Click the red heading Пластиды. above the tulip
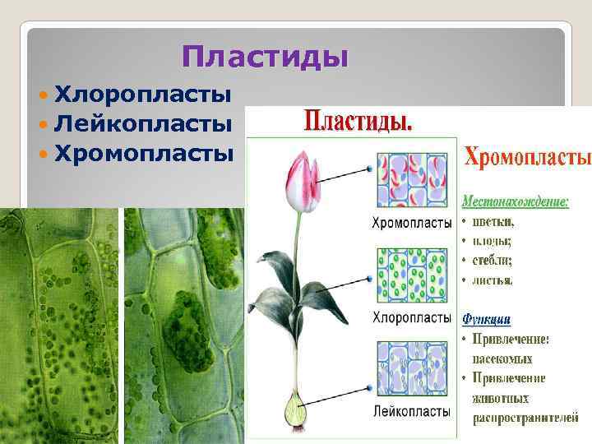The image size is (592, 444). [359, 123]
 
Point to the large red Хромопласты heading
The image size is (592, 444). [527, 156]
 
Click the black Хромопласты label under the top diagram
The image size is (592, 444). [412, 223]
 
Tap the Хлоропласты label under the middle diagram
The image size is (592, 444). [412, 317]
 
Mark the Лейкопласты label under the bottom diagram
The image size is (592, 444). [412, 410]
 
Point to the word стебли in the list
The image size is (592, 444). [493, 260]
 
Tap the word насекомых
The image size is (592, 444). [502, 358]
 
